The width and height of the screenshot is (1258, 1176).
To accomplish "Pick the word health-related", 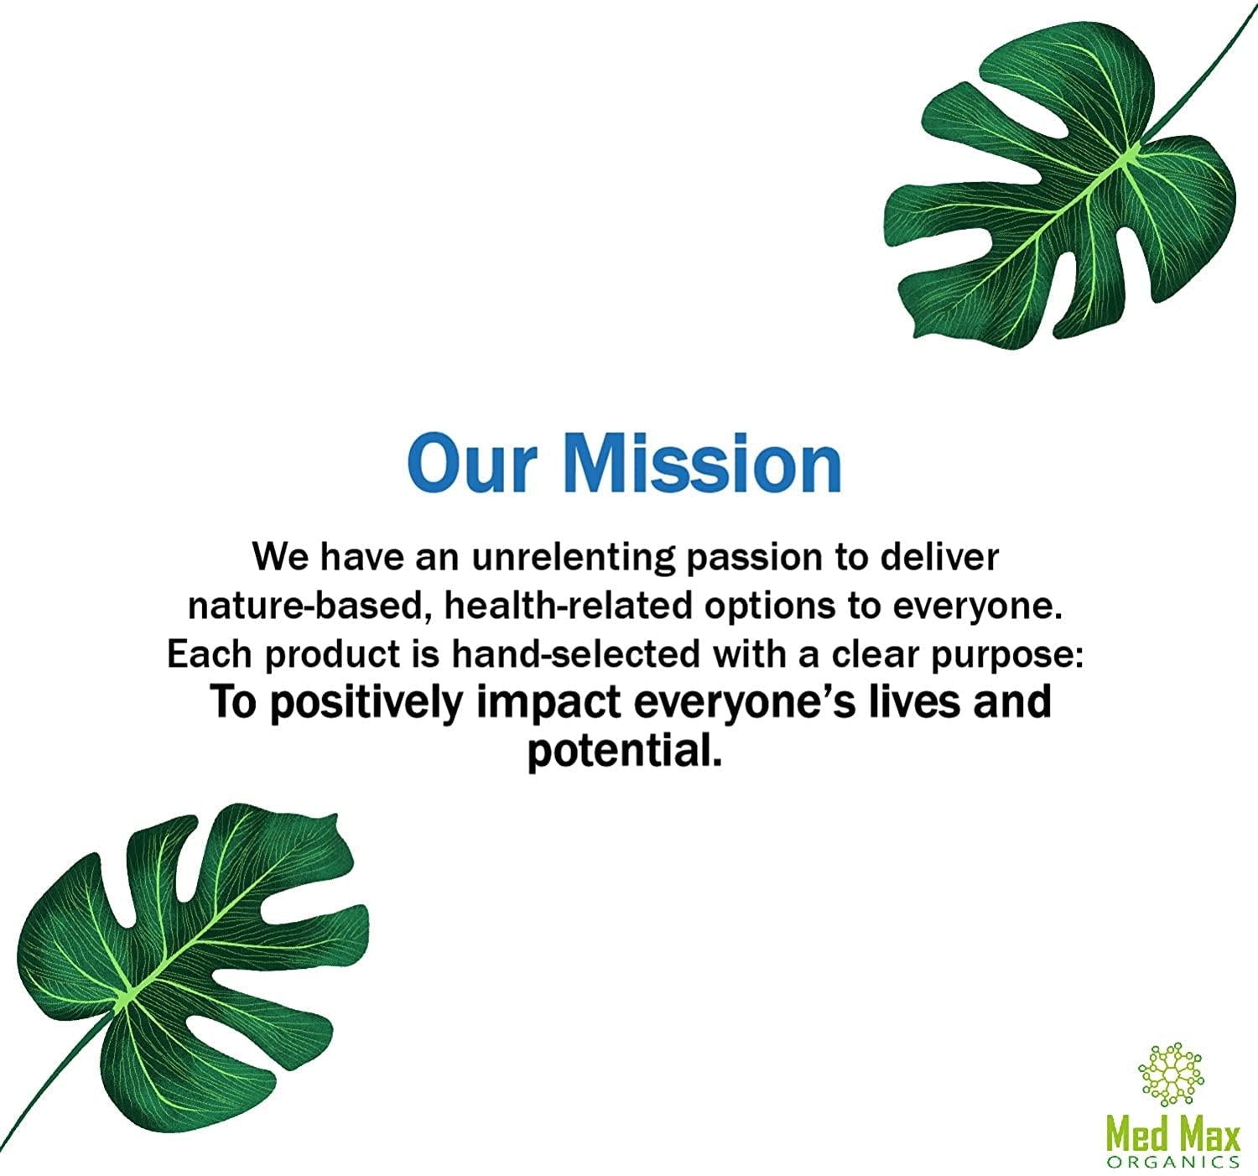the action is point(568,605).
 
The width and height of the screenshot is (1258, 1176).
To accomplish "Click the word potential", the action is point(625,752).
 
